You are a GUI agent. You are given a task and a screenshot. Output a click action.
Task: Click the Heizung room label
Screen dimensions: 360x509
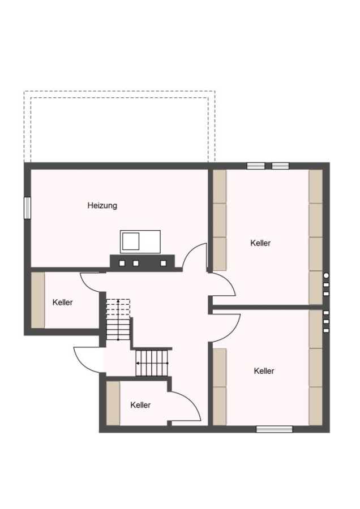click(x=102, y=205)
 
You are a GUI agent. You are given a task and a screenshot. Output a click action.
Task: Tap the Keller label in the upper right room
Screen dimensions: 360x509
click(x=260, y=243)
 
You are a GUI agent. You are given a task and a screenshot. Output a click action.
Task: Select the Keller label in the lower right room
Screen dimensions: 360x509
click(x=264, y=370)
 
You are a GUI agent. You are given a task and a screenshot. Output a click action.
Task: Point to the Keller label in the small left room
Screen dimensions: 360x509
click(x=62, y=302)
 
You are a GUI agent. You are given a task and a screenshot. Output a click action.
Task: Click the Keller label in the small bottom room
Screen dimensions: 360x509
click(x=140, y=405)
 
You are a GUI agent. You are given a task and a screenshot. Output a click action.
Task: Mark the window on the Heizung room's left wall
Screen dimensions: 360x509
click(x=27, y=208)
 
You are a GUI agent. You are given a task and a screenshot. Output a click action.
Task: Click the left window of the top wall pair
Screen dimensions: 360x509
click(x=256, y=166)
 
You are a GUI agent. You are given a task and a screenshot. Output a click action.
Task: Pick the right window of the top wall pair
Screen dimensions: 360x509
click(x=280, y=166)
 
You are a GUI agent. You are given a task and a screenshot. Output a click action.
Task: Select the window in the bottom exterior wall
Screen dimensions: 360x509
click(x=275, y=429)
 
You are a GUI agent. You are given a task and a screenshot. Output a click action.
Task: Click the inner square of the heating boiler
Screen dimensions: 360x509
click(x=131, y=241)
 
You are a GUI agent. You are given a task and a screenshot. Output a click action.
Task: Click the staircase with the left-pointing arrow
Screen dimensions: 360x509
click(x=152, y=363)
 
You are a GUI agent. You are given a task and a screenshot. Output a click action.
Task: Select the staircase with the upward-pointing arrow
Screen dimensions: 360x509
click(x=118, y=320)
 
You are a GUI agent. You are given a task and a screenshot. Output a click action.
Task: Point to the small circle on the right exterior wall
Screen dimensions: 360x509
click(x=326, y=275)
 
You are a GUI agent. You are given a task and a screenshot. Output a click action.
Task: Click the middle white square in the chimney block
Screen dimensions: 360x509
click(x=136, y=263)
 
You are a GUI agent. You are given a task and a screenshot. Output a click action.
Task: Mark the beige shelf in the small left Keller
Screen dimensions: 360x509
click(x=38, y=300)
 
